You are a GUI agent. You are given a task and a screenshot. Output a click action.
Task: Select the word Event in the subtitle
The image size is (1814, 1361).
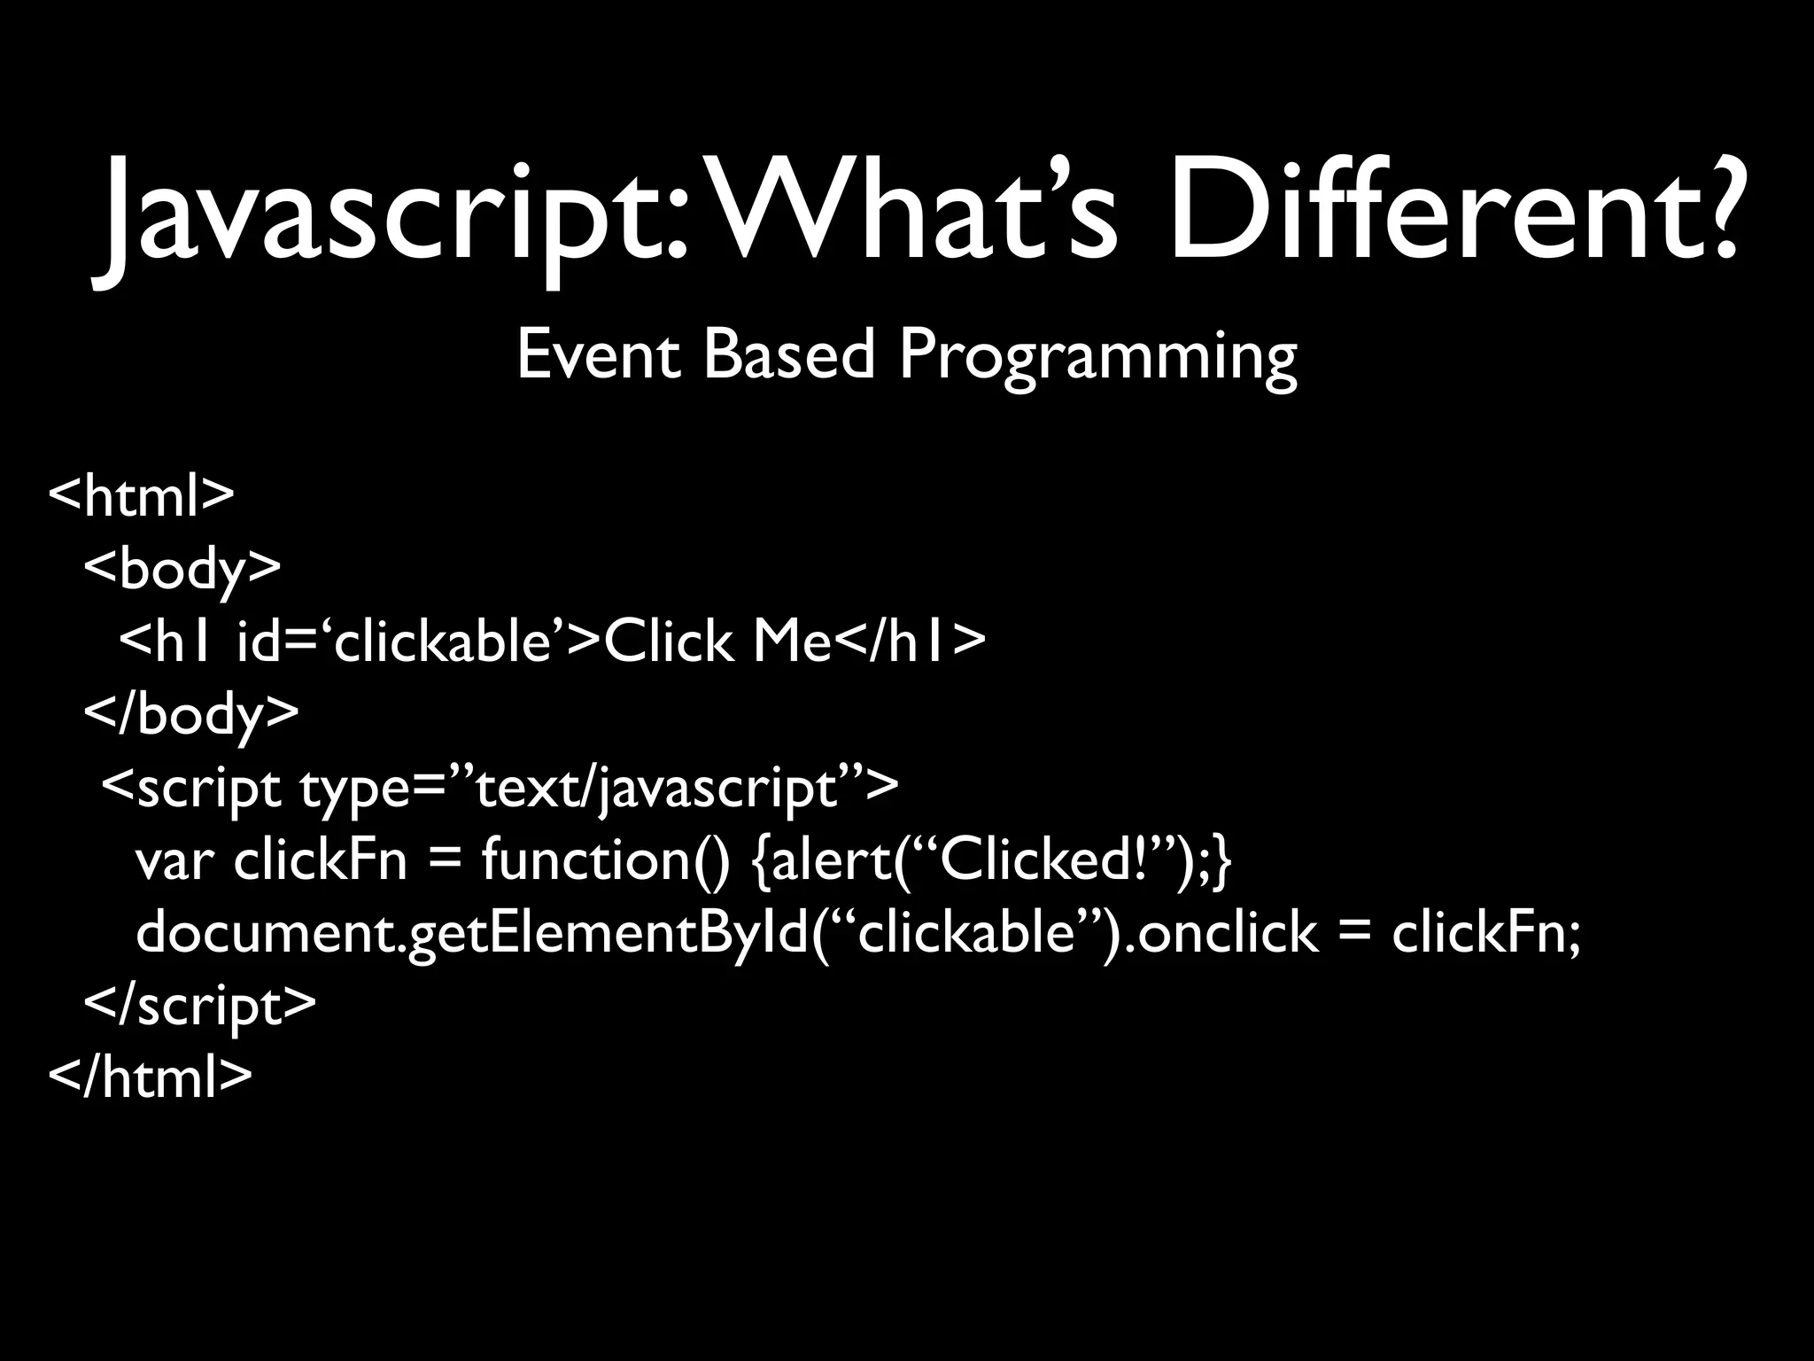[x=599, y=354]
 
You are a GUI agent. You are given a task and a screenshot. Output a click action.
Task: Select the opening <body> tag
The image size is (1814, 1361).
[x=182, y=569]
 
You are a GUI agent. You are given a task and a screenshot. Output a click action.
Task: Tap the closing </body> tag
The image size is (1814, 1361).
[x=191, y=714]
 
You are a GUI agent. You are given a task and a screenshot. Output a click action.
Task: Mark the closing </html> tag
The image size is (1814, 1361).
[x=151, y=1077]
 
